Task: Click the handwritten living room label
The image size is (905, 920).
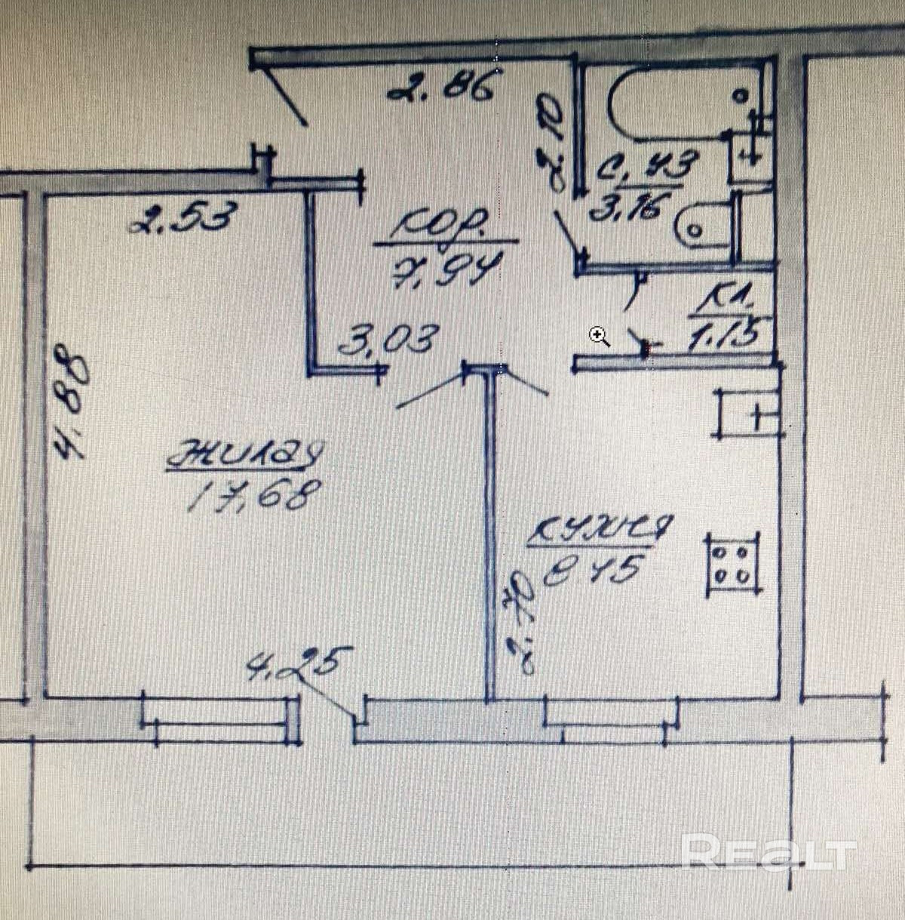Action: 245,457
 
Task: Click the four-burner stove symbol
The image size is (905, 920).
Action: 732,564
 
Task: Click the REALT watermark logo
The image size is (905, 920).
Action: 769,854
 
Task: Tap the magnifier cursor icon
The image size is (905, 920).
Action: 600,337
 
